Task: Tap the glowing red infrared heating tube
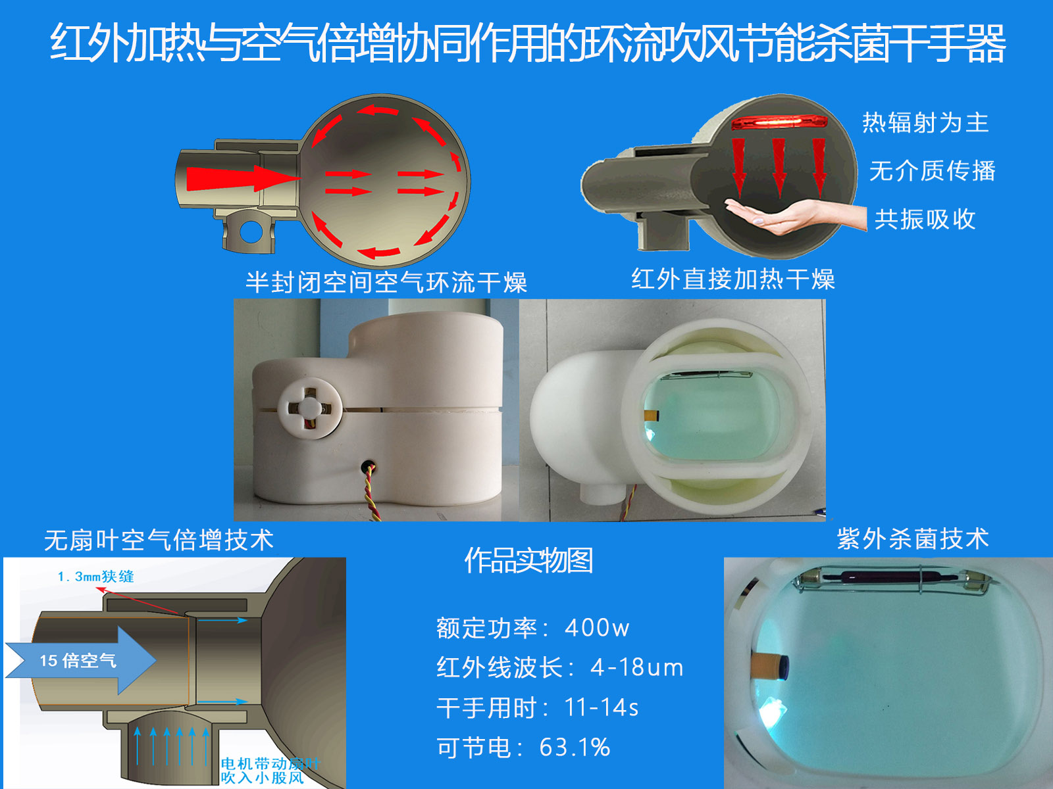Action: click(779, 122)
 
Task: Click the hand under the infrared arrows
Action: click(796, 216)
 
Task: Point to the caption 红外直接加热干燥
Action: click(733, 279)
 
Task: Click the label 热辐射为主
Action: click(925, 123)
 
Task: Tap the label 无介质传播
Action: click(933, 171)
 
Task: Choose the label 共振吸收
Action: click(925, 220)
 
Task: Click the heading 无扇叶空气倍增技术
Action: click(159, 540)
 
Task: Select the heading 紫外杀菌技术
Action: click(913, 538)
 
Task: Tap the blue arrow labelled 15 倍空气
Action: click(80, 661)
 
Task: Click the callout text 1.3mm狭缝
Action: click(96, 577)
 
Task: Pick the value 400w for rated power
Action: click(597, 627)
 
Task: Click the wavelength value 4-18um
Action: click(636, 667)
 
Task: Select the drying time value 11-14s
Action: click(602, 707)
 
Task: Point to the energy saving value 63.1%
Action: click(575, 747)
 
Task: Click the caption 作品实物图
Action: click(528, 560)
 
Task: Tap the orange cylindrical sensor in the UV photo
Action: click(769, 667)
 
